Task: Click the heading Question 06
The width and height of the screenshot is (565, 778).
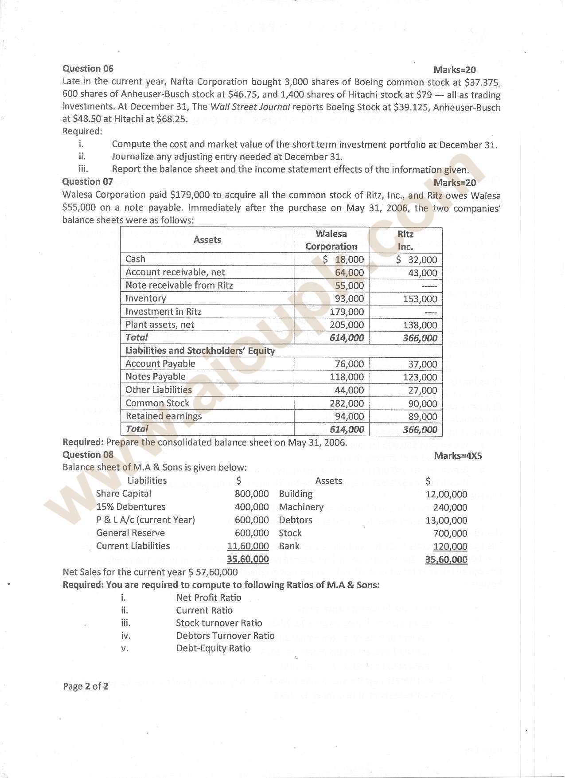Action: (x=88, y=69)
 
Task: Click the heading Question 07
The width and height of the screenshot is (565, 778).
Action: (x=88, y=182)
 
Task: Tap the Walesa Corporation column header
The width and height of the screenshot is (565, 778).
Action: (x=331, y=240)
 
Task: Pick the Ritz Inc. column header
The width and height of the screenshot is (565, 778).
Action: (x=405, y=240)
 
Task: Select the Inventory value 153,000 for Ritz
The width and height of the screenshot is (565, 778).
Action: (x=420, y=299)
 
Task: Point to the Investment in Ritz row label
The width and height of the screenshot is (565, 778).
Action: (x=163, y=312)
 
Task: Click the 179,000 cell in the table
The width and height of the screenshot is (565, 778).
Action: (x=347, y=312)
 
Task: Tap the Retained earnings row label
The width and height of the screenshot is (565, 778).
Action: (x=164, y=416)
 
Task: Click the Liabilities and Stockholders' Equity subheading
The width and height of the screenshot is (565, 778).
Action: (x=200, y=351)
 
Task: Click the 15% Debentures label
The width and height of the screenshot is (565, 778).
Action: (x=131, y=507)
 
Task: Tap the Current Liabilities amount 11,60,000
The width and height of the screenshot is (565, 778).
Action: (x=248, y=546)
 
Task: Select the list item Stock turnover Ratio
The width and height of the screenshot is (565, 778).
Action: (x=219, y=623)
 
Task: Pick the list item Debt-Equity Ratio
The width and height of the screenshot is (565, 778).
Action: (x=213, y=649)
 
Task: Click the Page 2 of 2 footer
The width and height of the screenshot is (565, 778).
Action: (x=86, y=687)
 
